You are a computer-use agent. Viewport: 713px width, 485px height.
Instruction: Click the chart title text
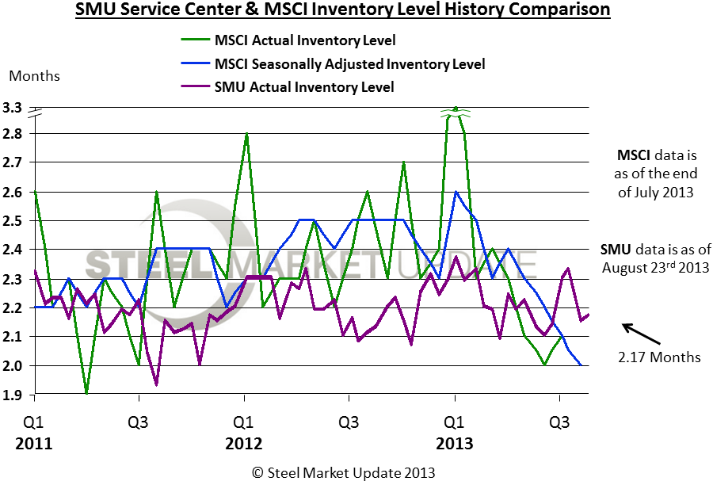click(x=342, y=11)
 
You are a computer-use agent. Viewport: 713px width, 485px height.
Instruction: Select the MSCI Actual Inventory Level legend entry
click(x=305, y=40)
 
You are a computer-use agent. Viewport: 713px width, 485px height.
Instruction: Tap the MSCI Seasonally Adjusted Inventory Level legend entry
click(x=349, y=63)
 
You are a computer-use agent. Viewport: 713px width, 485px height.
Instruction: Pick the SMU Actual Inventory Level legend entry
click(x=304, y=86)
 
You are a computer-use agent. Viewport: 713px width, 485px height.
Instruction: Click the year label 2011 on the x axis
click(x=33, y=443)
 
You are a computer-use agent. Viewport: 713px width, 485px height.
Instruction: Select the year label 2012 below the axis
click(x=244, y=443)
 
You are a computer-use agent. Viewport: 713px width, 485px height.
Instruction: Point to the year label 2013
click(x=455, y=443)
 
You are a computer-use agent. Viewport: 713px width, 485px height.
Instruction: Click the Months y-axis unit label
click(x=34, y=76)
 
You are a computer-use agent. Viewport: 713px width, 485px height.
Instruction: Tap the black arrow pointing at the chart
click(x=639, y=333)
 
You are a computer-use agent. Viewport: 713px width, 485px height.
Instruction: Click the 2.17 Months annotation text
click(x=659, y=357)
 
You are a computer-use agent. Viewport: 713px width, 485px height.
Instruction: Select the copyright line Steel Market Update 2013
click(x=344, y=472)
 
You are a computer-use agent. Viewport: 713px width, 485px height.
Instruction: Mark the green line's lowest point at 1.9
click(x=86, y=394)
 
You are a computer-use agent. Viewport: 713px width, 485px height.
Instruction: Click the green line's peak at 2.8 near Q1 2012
click(x=247, y=134)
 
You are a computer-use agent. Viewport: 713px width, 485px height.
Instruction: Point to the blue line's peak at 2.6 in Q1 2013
click(x=456, y=192)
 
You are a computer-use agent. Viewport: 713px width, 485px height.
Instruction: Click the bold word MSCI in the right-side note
click(x=635, y=155)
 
